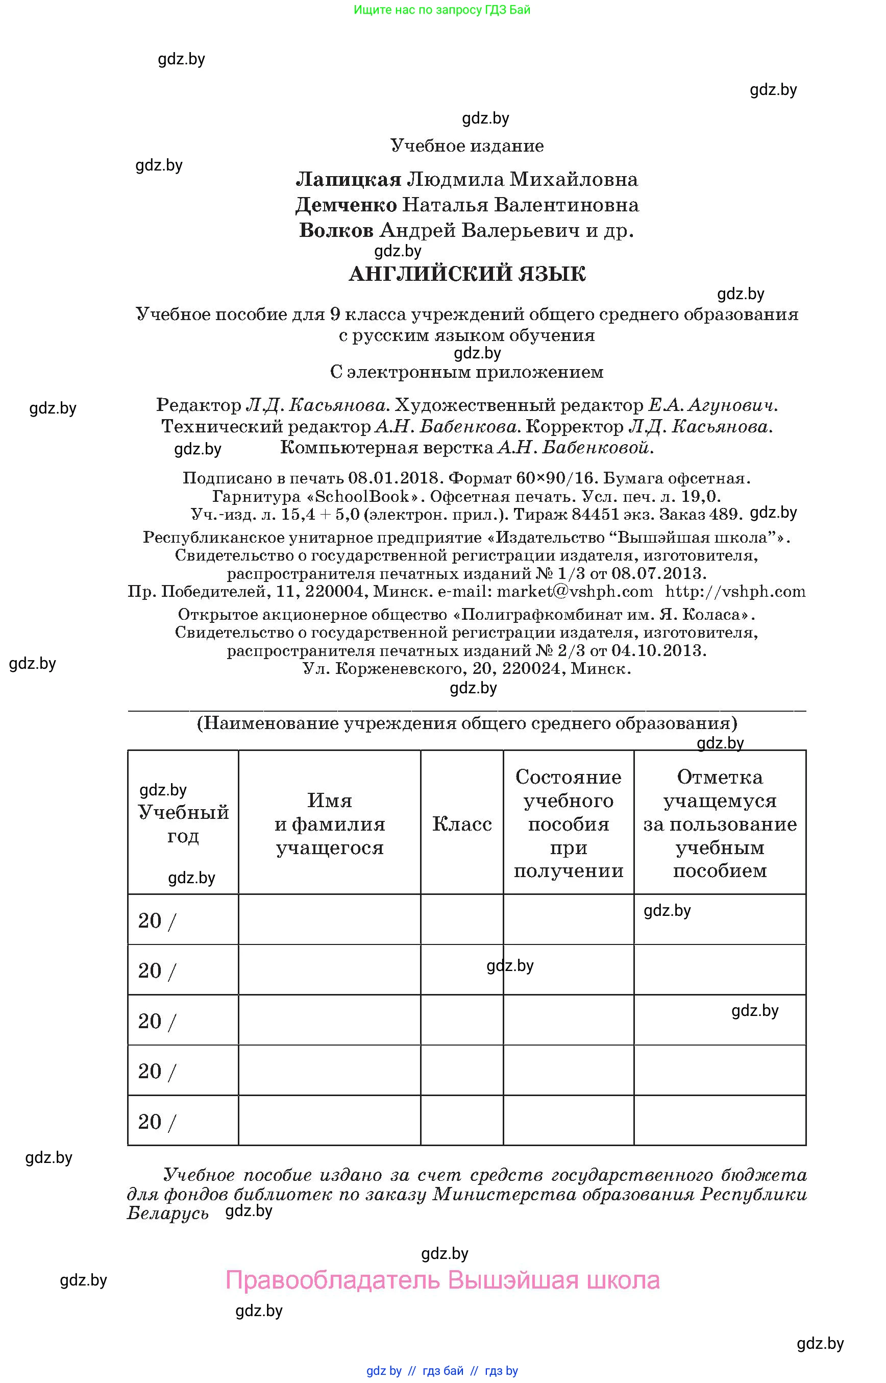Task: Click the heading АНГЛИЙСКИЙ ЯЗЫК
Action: click(466, 274)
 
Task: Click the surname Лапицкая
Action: click(348, 180)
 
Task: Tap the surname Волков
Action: click(336, 230)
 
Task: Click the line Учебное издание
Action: click(466, 145)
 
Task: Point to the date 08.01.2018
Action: click(395, 478)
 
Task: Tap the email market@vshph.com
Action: click(575, 592)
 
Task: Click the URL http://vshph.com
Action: click(735, 592)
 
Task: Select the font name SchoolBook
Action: click(362, 496)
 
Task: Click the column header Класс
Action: click(461, 824)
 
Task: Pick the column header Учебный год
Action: click(183, 824)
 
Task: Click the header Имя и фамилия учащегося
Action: click(330, 824)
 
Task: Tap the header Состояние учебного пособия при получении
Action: click(569, 824)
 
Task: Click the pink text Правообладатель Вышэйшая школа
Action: click(442, 1280)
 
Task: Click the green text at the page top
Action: click(442, 10)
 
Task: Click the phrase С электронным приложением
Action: click(466, 372)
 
